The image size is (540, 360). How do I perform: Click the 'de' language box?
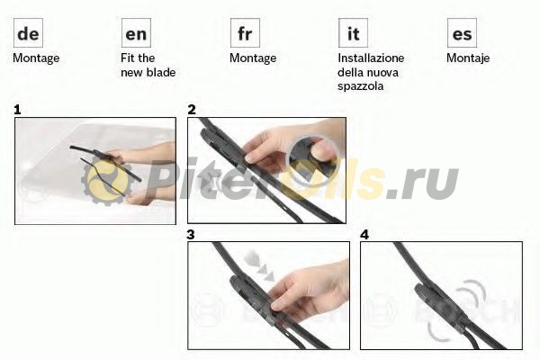pos(28,33)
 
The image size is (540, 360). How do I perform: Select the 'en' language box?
pos(137,33)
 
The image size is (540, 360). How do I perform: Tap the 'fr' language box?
pos(245,33)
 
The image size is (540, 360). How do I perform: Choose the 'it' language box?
pos(354,33)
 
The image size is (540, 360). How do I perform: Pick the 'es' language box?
pos(462,33)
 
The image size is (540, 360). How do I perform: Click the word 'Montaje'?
pos(468,58)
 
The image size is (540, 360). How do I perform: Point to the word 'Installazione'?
pos(371,58)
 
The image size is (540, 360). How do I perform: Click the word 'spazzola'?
pos(361,86)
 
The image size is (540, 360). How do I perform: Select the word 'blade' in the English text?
pos(161,72)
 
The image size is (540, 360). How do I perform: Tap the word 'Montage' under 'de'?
pos(36,58)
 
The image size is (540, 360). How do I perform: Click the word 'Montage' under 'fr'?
pos(253,58)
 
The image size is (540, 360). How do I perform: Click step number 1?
pos(17,110)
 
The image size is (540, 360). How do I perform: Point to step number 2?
pos(192,110)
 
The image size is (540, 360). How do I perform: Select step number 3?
pos(191,235)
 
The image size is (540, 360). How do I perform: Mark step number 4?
pos(364,235)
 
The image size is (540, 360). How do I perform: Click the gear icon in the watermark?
pos(107,181)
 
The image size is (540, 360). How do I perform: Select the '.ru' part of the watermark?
pos(423,184)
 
